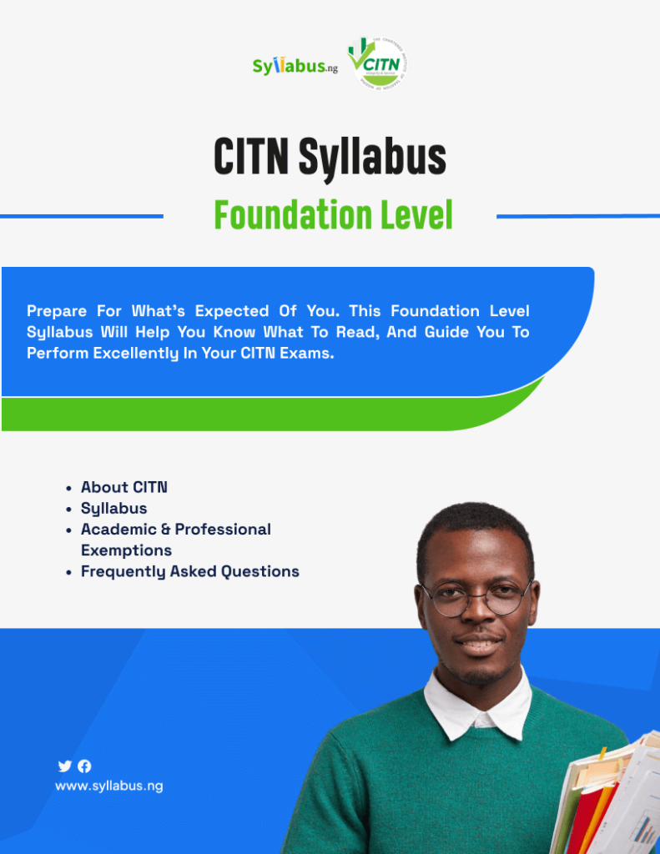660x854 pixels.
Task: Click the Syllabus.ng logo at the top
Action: click(x=295, y=66)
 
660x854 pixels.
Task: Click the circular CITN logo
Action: click(x=378, y=63)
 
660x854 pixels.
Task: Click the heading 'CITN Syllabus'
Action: click(x=330, y=157)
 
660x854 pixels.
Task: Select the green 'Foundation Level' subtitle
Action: click(x=333, y=215)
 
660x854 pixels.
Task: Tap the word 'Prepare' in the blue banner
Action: click(x=57, y=311)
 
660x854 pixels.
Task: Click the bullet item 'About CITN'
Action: click(x=123, y=487)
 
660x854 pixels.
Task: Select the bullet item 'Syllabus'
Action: click(x=113, y=508)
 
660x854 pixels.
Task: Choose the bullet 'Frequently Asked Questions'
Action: click(x=189, y=571)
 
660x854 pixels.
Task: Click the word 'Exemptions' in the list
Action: click(x=126, y=550)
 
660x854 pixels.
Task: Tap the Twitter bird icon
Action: click(x=64, y=766)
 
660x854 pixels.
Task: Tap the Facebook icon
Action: click(x=84, y=766)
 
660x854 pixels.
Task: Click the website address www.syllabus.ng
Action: click(x=108, y=786)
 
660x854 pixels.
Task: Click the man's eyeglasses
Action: click(x=476, y=597)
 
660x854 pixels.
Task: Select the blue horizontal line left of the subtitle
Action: click(x=81, y=216)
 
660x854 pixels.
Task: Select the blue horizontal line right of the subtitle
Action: click(x=577, y=216)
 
